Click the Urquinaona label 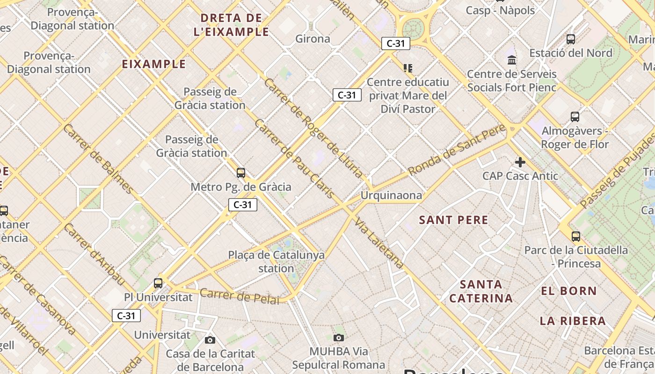(391, 195)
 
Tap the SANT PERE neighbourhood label (453, 220)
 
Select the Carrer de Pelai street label (239, 296)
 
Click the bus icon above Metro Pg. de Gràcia (241, 173)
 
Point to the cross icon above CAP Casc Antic (520, 162)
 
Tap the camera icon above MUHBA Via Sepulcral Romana (339, 338)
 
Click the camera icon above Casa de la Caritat (210, 340)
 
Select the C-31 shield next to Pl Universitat (126, 316)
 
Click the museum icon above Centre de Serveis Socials (512, 60)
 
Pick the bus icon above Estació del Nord (571, 39)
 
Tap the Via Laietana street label (379, 243)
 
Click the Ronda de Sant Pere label (457, 150)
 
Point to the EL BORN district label (569, 291)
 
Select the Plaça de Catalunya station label (276, 262)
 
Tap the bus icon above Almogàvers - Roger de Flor (575, 117)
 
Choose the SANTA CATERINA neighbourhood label (481, 291)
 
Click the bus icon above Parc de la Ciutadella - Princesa (576, 237)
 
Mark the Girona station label (313, 39)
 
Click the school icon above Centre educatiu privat (408, 68)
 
